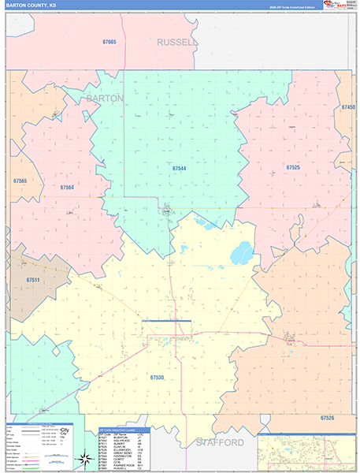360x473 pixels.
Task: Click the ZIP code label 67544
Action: [181, 168]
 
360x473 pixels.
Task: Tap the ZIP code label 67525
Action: [293, 168]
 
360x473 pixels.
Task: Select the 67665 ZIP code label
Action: [109, 42]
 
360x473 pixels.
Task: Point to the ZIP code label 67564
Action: [66, 188]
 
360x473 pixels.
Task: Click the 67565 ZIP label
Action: [20, 181]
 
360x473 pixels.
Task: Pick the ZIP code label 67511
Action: [33, 280]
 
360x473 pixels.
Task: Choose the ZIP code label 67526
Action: [328, 417]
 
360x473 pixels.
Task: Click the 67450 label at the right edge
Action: [347, 107]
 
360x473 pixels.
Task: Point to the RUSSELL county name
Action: [175, 42]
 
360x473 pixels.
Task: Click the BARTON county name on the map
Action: [105, 99]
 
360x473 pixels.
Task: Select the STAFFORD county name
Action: [220, 442]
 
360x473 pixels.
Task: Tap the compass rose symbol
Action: [84, 458]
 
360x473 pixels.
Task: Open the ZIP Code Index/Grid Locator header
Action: [124, 430]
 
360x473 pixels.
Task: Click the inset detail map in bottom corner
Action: [304, 451]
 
